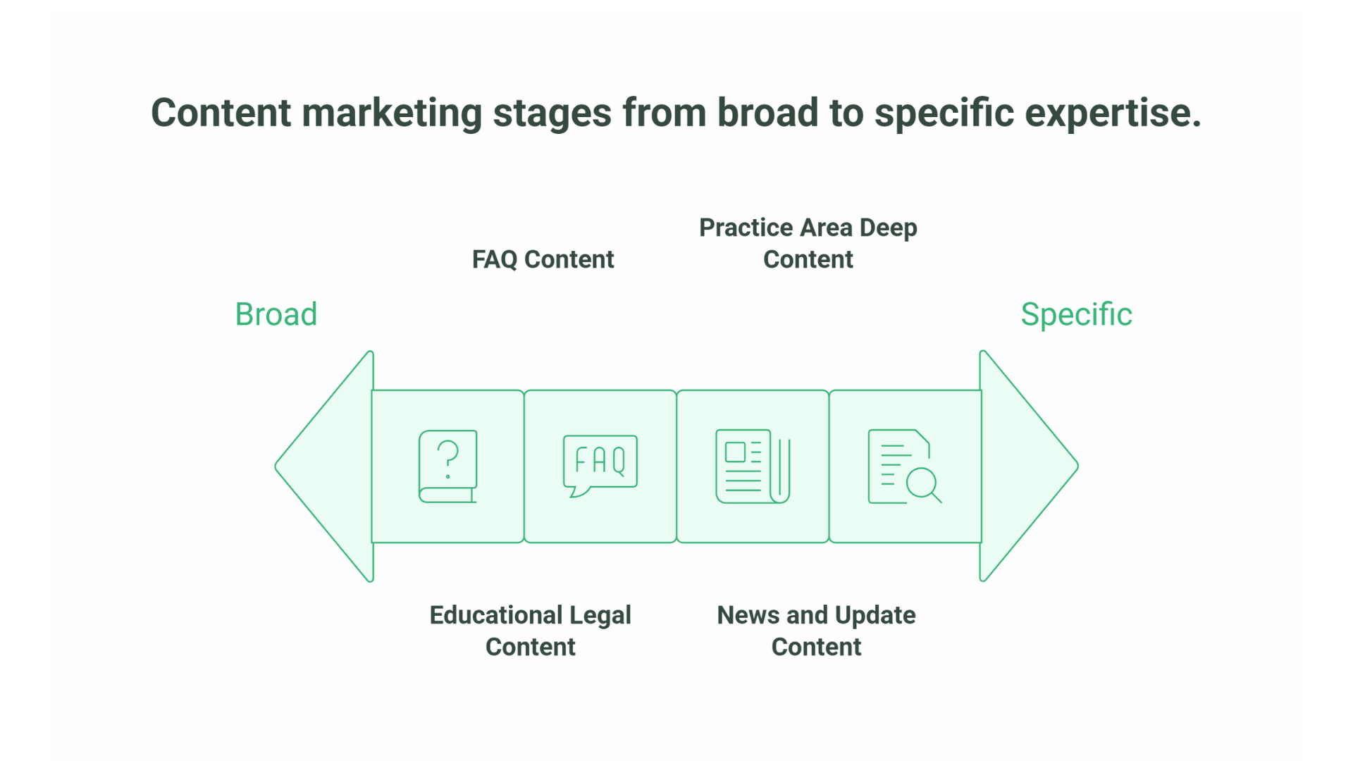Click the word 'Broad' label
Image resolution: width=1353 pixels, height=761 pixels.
coord(276,314)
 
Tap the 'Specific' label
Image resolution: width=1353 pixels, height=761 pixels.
coord(1076,314)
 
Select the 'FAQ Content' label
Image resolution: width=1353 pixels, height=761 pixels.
coord(543,259)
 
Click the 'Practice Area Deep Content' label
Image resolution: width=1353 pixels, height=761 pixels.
coord(808,243)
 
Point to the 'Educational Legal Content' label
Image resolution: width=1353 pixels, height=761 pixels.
coord(530,631)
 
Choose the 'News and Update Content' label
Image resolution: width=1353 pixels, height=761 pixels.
coord(816,631)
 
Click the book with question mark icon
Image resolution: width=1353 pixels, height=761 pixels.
coord(448,466)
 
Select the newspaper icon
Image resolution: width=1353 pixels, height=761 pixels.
coord(753,466)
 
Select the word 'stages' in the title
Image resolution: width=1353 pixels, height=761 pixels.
coord(552,113)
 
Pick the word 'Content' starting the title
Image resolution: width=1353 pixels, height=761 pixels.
coord(221,113)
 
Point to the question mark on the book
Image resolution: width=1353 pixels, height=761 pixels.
coord(448,458)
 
